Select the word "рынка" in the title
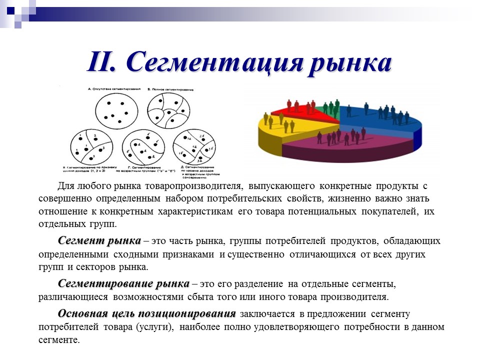pyautogui.click(x=349, y=63)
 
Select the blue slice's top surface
pyautogui.click(x=380, y=120)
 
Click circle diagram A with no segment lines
pyautogui.click(x=116, y=110)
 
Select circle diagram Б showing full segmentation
pyautogui.click(x=169, y=110)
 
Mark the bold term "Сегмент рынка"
pyautogui.click(x=99, y=241)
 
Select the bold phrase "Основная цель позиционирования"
pyautogui.click(x=146, y=314)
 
